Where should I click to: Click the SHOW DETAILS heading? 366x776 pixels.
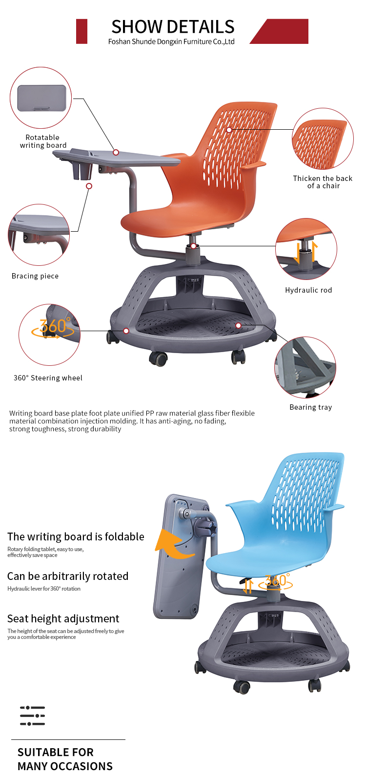[173, 27]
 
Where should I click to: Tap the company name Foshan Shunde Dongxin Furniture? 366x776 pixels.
[160, 42]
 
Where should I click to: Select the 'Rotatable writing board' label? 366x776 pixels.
[43, 141]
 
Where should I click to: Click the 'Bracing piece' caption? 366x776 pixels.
[35, 276]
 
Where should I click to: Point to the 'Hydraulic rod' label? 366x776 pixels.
[308, 290]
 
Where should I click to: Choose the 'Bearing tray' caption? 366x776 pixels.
[310, 407]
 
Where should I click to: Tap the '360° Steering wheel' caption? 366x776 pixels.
[48, 378]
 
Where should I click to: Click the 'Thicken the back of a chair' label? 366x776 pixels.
[323, 182]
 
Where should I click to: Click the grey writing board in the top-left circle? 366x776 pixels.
[41, 99]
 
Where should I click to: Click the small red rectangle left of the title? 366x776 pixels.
[82, 32]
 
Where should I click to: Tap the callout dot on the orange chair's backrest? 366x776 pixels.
[229, 130]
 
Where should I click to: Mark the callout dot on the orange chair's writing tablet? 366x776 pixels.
[116, 153]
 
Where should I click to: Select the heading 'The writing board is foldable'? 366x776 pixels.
[76, 537]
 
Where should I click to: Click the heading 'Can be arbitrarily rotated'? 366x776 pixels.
[67, 576]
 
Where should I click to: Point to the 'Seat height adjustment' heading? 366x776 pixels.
[63, 618]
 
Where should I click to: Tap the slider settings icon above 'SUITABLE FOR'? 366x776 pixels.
[32, 716]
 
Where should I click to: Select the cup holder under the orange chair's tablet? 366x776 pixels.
[82, 170]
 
